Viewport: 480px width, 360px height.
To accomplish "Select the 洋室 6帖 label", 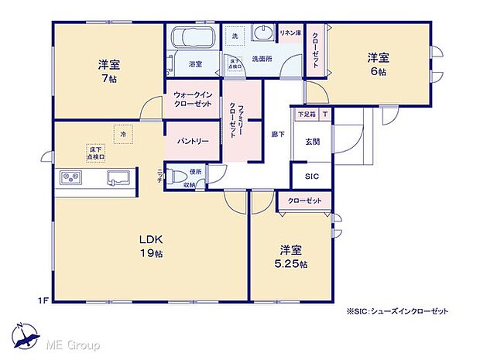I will (377, 63).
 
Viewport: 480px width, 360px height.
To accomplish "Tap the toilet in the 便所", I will (177, 174).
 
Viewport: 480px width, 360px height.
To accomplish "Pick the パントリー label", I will (193, 142).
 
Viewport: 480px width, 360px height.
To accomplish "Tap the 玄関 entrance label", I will (312, 142).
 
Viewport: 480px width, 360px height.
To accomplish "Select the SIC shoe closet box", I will (312, 177).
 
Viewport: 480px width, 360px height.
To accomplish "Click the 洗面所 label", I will (262, 58).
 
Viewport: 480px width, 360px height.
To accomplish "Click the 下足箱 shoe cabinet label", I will (307, 114).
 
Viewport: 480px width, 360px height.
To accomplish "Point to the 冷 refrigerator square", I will (122, 135).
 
